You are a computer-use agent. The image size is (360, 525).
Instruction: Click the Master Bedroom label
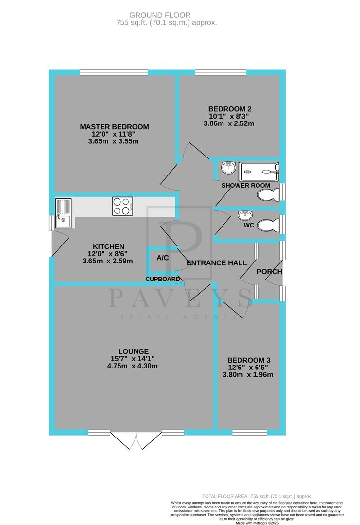(x=114, y=127)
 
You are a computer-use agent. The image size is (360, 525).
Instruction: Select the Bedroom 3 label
(x=250, y=360)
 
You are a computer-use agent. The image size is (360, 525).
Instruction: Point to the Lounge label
(x=133, y=351)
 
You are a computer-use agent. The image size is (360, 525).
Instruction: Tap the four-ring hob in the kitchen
(x=122, y=206)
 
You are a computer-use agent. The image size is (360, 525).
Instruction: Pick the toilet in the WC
(x=268, y=226)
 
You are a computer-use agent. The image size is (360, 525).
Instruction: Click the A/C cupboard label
(x=163, y=258)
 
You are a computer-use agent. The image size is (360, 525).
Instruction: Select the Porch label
(x=269, y=271)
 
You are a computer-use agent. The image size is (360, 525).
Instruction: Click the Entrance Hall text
(x=217, y=263)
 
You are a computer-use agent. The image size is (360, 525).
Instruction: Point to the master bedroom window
(x=114, y=72)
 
